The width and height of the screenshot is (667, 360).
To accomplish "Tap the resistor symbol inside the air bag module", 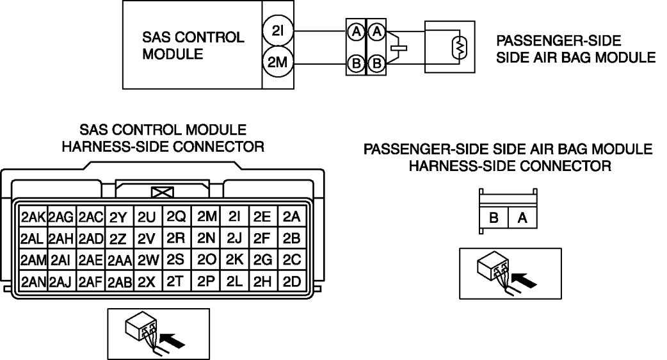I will [x=459, y=47].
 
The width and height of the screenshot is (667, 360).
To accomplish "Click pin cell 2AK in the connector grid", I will [x=32, y=217].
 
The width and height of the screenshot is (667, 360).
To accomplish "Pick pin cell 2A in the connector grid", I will [x=291, y=217].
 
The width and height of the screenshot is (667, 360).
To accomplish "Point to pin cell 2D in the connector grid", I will [x=291, y=281].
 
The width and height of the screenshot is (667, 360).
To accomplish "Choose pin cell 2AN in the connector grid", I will [x=32, y=281].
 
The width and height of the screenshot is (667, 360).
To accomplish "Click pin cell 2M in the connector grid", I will [x=205, y=217].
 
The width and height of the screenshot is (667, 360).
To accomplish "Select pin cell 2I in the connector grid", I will [x=234, y=217].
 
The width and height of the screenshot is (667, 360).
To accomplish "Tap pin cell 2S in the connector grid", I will [x=175, y=259].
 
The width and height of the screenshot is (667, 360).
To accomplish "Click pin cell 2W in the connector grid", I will [x=147, y=260].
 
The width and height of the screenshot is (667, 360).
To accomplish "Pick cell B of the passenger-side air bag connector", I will [x=494, y=218].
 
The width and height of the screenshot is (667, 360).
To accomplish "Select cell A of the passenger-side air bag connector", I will [x=522, y=218].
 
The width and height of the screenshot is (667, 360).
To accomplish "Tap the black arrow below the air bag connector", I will [x=524, y=280].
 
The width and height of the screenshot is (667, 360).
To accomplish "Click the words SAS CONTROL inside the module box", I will [x=193, y=37].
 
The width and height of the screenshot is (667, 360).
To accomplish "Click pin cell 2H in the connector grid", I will [x=262, y=281].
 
